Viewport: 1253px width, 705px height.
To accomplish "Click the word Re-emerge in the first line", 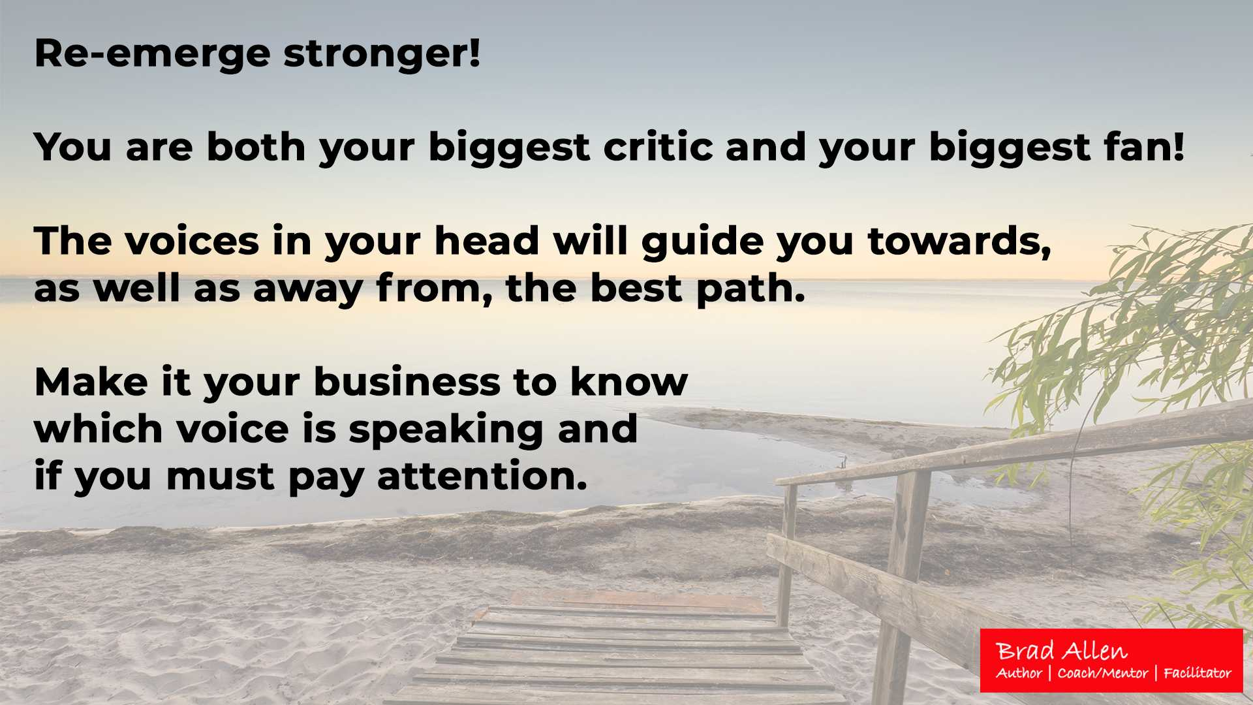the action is (152, 54).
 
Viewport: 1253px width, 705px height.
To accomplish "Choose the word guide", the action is (703, 242).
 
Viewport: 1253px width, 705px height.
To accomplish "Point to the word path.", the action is (750, 289).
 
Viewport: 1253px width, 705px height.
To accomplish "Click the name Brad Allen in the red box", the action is (1062, 651).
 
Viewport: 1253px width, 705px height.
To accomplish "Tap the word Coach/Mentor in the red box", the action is (1103, 673).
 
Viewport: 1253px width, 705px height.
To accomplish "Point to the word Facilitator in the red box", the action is (1198, 673).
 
